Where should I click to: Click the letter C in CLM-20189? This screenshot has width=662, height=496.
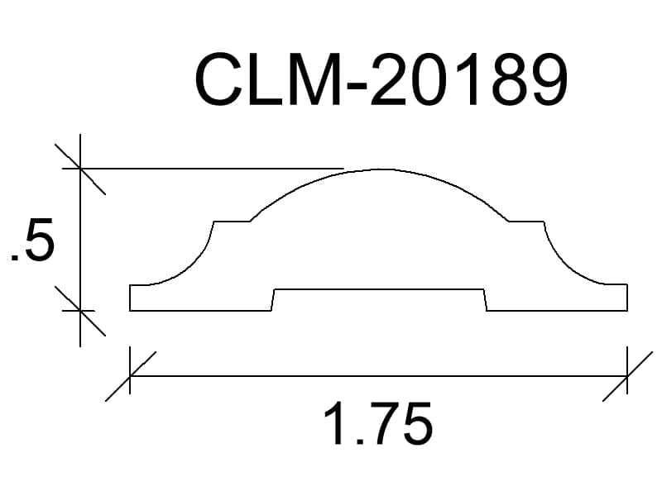tap(218, 79)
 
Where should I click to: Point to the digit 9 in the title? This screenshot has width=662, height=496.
tap(547, 79)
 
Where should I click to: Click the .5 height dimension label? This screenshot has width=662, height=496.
tap(32, 239)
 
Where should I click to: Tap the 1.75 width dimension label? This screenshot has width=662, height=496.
tap(378, 423)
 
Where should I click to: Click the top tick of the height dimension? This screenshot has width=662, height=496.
tap(80, 169)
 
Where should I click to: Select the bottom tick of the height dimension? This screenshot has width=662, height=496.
tap(80, 311)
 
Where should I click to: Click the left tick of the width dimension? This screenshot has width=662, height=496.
tap(130, 375)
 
